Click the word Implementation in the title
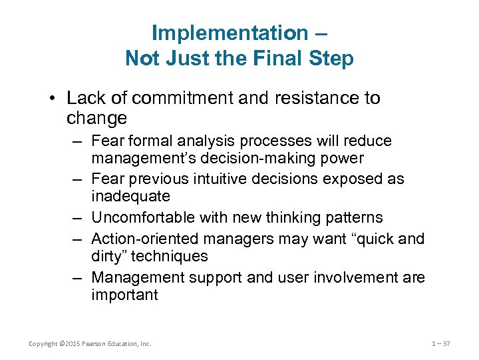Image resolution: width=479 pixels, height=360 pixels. point(230,32)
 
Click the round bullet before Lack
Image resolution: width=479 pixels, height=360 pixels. point(55,99)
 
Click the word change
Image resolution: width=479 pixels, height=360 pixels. point(96,119)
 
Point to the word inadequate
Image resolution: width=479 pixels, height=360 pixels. point(130,197)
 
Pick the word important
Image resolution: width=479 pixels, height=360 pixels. point(124,295)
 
